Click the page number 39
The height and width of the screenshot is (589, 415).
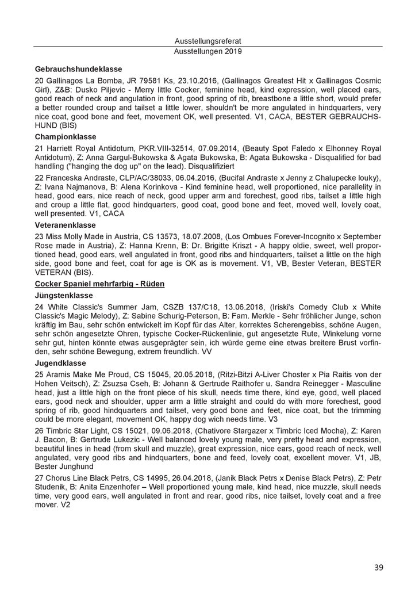point(378,567)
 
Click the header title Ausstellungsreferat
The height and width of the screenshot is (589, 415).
point(207,41)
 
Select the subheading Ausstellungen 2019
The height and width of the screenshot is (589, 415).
point(207,51)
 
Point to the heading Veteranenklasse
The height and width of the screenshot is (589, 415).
point(66,225)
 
